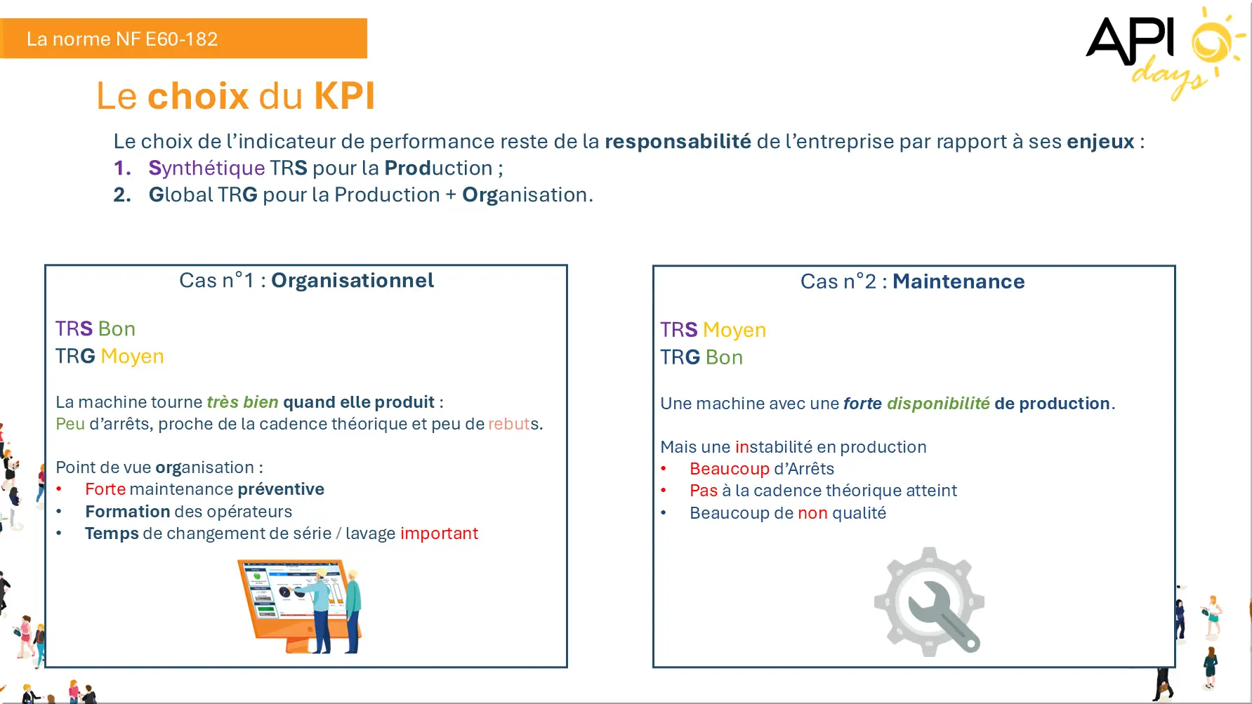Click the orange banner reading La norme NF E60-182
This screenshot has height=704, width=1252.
click(x=183, y=39)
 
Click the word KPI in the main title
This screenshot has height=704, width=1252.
click(x=345, y=96)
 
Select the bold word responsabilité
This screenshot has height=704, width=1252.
click(x=678, y=141)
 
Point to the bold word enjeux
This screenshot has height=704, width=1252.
click(x=1100, y=142)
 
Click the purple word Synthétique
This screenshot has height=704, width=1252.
click(x=206, y=168)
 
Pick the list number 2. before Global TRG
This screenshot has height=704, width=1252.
click(x=122, y=195)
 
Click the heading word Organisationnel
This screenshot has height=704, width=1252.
click(x=352, y=281)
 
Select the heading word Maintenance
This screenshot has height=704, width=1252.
click(x=958, y=281)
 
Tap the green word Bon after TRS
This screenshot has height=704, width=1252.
click(x=117, y=328)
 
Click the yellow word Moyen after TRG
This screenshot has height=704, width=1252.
click(x=132, y=357)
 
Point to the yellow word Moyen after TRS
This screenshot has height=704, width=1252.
click(x=734, y=330)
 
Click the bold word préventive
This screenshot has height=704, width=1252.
click(x=281, y=489)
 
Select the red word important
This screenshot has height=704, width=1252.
click(x=439, y=533)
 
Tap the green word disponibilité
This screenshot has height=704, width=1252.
click(x=938, y=404)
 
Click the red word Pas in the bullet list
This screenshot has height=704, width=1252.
click(x=704, y=491)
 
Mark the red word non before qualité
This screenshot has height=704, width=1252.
click(x=812, y=513)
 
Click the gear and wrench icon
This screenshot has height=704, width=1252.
click(x=929, y=602)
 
